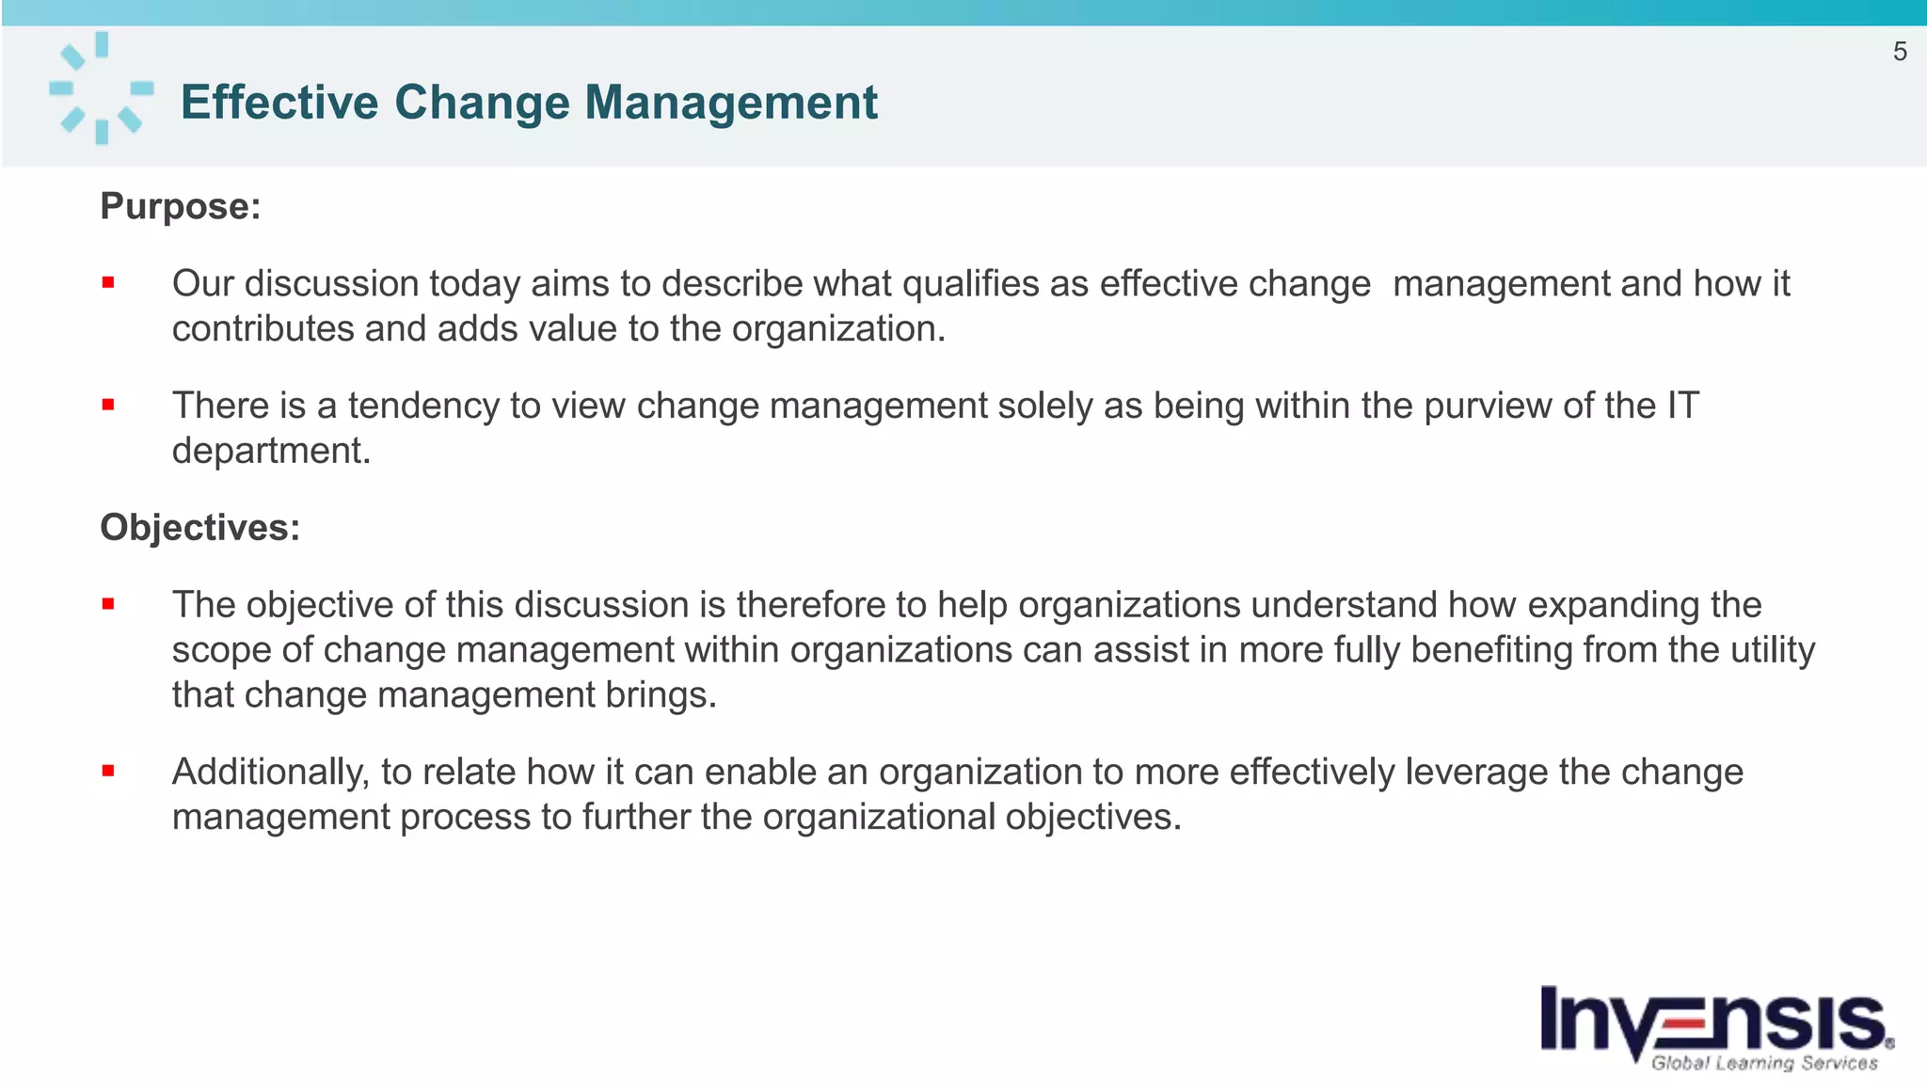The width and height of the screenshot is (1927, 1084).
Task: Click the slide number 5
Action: click(x=1899, y=52)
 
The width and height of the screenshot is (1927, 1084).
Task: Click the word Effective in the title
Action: click(x=279, y=102)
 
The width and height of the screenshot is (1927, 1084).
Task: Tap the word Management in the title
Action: click(x=730, y=102)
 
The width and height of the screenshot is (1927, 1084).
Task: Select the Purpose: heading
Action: click(x=180, y=206)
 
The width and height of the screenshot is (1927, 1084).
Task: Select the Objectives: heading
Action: click(x=199, y=527)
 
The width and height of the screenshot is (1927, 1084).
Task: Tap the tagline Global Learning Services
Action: click(x=1763, y=1063)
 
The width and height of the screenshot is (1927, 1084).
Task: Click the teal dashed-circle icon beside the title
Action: click(x=101, y=88)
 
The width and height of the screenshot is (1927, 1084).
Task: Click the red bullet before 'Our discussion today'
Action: click(x=108, y=282)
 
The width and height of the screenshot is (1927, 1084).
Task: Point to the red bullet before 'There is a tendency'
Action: click(x=108, y=405)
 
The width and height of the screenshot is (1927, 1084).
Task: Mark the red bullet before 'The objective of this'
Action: click(x=108, y=604)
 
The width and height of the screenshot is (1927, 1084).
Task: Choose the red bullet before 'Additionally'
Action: click(x=108, y=771)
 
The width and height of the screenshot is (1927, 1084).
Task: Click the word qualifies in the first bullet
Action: click(x=970, y=284)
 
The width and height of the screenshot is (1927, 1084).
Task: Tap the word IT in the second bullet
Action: click(x=1682, y=406)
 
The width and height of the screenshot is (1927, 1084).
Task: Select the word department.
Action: click(x=271, y=452)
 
